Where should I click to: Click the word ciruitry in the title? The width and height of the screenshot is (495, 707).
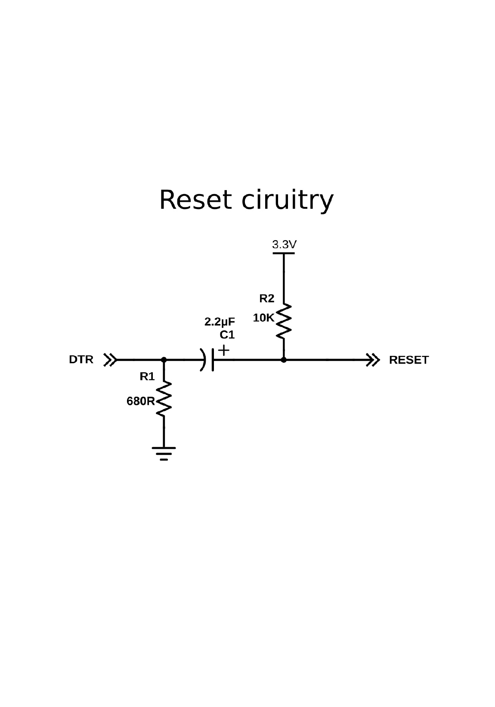click(x=287, y=201)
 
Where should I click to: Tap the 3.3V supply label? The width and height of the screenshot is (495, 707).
click(x=284, y=245)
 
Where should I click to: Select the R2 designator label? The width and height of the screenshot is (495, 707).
click(x=266, y=299)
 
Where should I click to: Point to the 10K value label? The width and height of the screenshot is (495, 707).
click(x=263, y=318)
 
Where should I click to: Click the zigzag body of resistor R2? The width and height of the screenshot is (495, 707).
click(x=284, y=321)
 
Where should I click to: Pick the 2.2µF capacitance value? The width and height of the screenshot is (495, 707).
click(x=220, y=322)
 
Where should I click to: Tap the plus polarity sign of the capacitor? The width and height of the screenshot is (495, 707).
click(x=224, y=350)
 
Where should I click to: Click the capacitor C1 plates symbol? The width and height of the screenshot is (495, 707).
click(x=208, y=359)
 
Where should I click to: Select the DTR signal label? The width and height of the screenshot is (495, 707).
click(x=81, y=359)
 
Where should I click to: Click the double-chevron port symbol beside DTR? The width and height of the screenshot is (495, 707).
click(x=110, y=359)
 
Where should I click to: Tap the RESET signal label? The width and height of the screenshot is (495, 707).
click(x=408, y=360)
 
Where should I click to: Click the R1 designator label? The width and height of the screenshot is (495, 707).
click(x=147, y=377)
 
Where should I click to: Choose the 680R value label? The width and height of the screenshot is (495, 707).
click(x=140, y=401)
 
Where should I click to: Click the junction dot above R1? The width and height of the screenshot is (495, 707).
click(x=164, y=359)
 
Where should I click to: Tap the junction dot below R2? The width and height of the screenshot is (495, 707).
click(x=284, y=359)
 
